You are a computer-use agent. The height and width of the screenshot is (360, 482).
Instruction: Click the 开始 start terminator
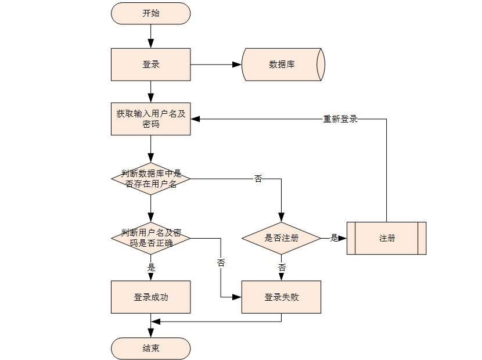151,13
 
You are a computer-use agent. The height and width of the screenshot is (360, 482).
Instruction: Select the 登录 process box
151,64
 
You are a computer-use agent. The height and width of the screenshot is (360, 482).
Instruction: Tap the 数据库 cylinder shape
282,64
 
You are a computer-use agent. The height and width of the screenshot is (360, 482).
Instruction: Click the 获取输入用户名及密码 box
151,119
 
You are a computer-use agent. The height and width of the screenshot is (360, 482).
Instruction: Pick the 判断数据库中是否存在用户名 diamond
151,178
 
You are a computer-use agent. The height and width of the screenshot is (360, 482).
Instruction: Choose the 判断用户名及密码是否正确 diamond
151,238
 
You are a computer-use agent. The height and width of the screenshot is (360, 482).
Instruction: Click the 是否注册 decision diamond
282,238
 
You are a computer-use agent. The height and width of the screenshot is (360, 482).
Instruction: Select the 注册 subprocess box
387,238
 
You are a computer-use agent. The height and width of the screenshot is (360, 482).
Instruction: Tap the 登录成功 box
151,297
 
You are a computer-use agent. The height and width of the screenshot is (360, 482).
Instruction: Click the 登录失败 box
282,297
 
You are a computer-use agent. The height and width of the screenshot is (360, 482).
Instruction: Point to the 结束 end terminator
151,348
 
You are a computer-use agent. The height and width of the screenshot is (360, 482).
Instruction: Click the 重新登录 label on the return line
340,119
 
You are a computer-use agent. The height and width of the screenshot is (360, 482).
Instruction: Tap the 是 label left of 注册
334,238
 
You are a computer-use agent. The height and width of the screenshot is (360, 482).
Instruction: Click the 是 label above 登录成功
152,268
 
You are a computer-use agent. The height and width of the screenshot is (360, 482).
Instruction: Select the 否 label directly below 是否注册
282,268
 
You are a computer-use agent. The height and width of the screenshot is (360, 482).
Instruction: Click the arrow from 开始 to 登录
151,36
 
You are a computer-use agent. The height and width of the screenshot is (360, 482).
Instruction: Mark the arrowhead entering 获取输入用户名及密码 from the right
195,119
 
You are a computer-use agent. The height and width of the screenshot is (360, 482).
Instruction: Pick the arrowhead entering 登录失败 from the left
237,297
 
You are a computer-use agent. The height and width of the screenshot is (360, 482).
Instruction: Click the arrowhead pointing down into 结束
151,333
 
